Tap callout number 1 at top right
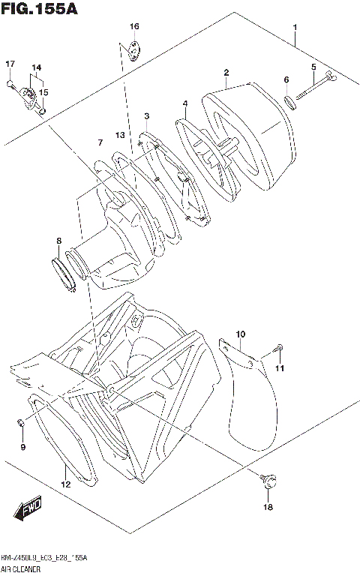(295, 28)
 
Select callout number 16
(133, 27)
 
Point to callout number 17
(10, 63)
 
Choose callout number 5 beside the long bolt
(313, 68)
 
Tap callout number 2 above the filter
(225, 73)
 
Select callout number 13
(119, 134)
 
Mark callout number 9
(22, 448)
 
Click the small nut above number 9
(22, 426)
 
